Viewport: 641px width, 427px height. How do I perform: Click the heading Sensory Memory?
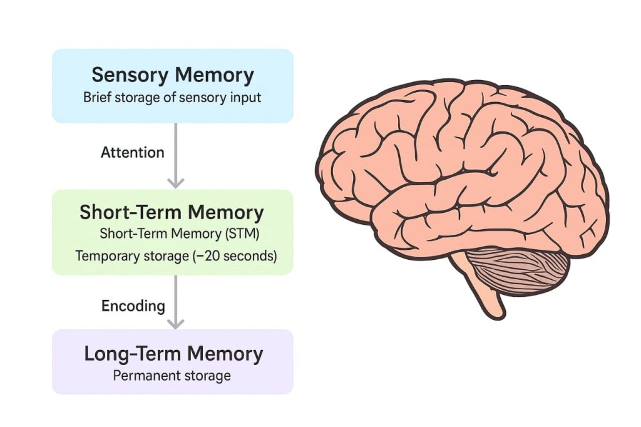(173, 75)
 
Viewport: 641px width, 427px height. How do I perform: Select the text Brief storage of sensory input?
(172, 98)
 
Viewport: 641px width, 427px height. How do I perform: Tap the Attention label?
(133, 152)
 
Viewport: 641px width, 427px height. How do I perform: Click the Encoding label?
(133, 306)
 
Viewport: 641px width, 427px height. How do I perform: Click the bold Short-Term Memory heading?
(172, 212)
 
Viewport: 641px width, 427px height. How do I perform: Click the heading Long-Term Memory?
(173, 354)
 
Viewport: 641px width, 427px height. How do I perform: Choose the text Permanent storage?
(172, 376)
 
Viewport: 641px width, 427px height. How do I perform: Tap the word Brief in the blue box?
(96, 98)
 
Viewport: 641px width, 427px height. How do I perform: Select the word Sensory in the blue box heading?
(130, 75)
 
